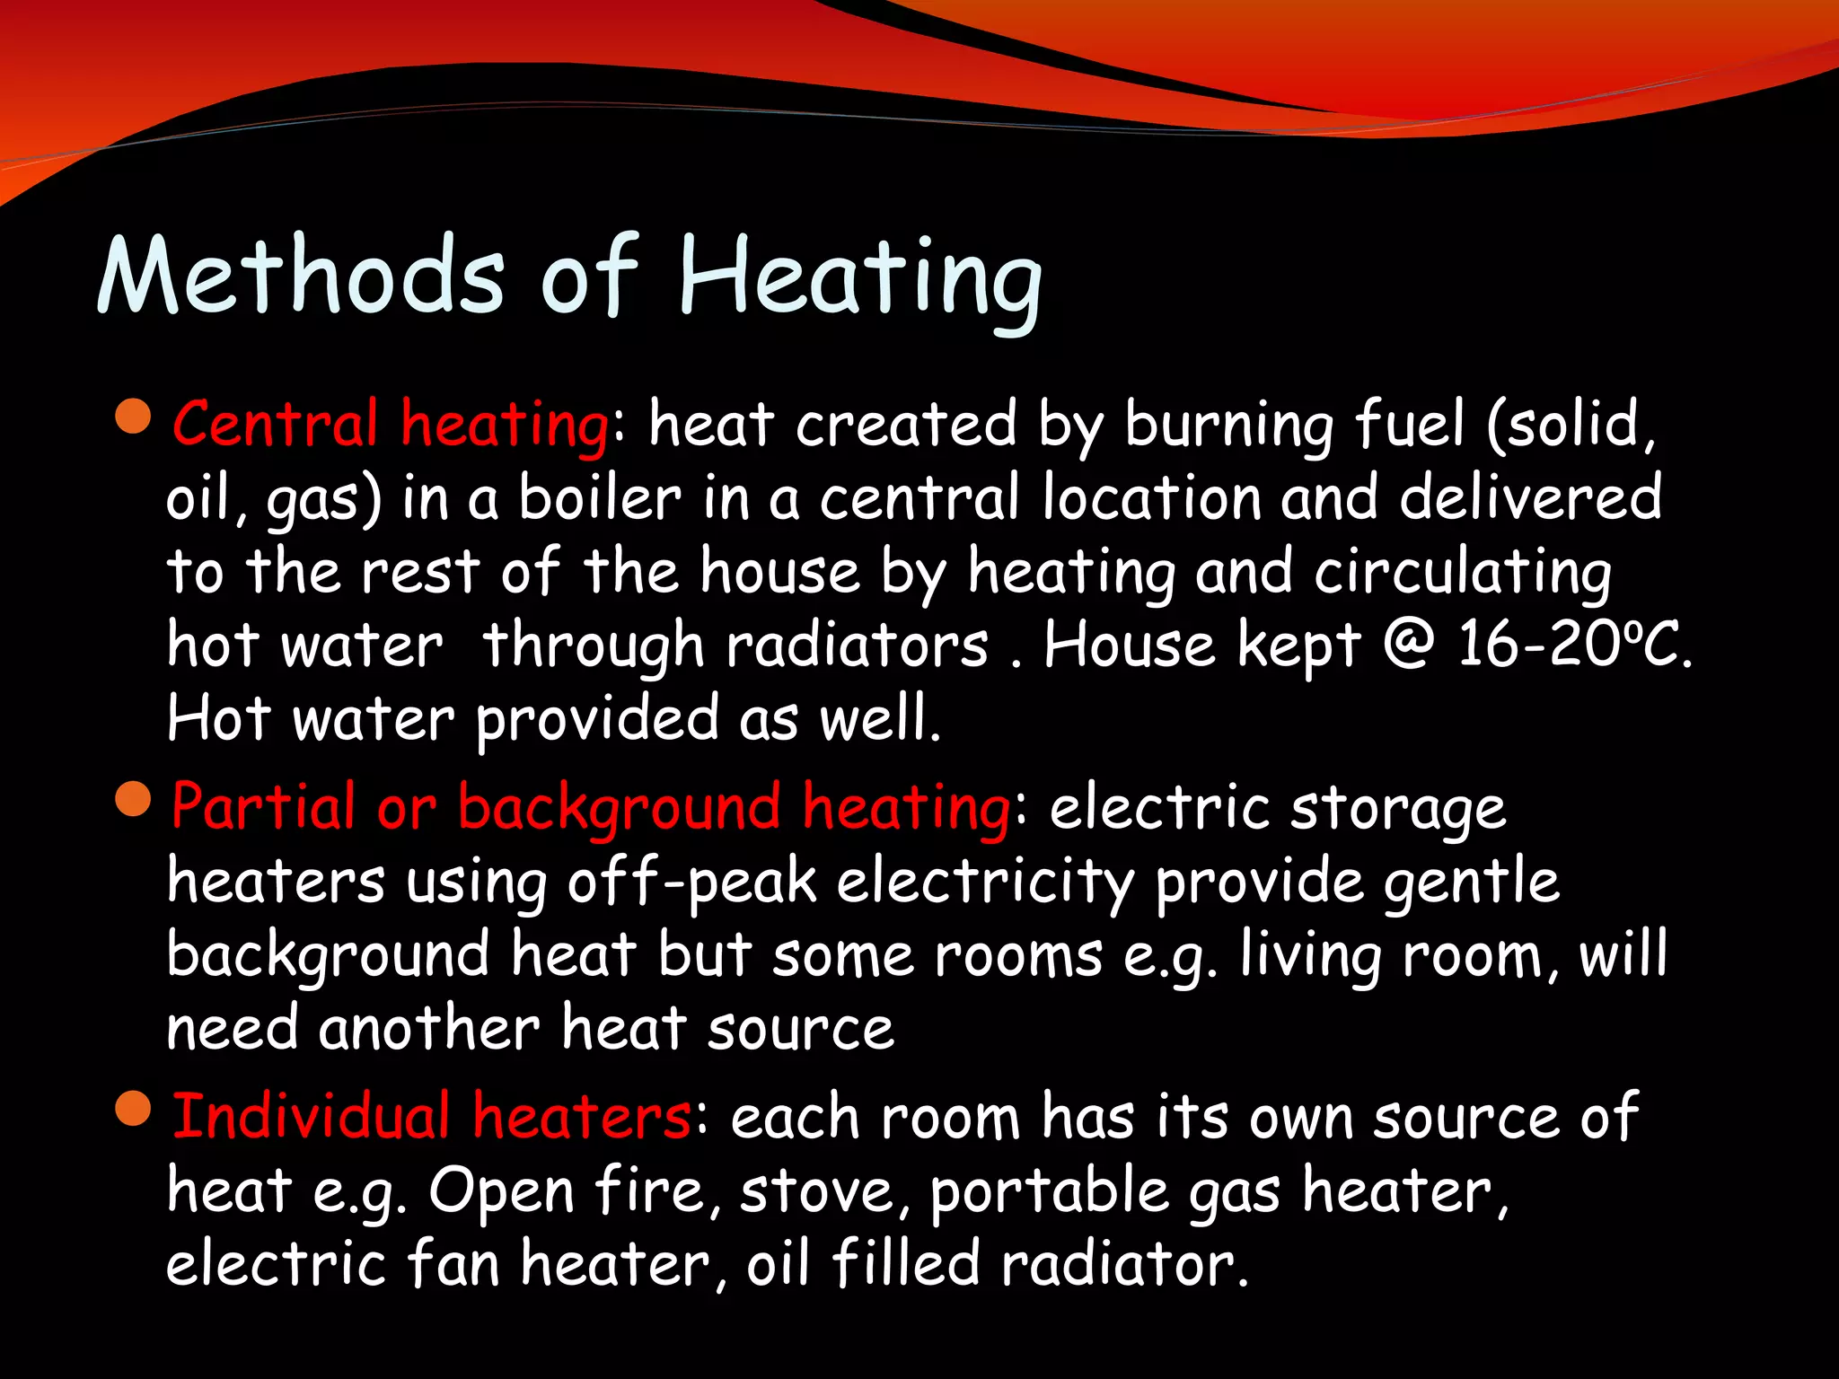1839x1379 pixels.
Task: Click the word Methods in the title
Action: tap(301, 275)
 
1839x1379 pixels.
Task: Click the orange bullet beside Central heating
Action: tap(134, 417)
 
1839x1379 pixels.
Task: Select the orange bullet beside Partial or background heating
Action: tap(134, 799)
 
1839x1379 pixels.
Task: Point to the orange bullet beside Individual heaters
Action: tap(134, 1109)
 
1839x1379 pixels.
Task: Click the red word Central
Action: tap(275, 424)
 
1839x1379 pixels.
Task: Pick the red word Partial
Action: tap(262, 805)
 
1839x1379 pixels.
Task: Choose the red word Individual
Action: tap(311, 1116)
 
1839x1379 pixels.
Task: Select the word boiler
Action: tap(600, 498)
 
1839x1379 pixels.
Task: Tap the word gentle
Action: tap(1471, 883)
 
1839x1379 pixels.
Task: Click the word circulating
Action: tap(1463, 574)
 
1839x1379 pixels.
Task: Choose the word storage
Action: tap(1398, 809)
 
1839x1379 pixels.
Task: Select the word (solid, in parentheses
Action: tap(1571, 424)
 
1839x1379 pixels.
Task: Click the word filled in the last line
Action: tap(905, 1263)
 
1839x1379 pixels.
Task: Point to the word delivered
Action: tap(1530, 498)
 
